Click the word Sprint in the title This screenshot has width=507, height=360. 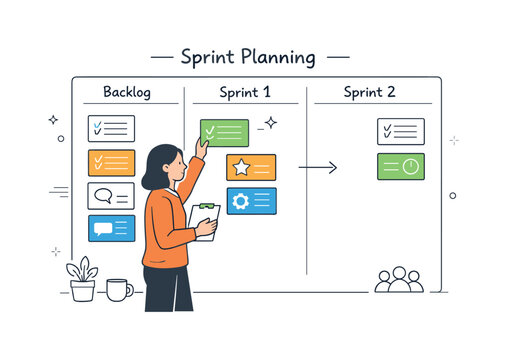point(206,57)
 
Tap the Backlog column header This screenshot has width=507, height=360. point(127,92)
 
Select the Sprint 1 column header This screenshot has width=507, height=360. point(245,92)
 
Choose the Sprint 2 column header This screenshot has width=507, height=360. point(369,92)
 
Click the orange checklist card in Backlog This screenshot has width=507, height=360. point(111,162)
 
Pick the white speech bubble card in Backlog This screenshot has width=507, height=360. point(111,195)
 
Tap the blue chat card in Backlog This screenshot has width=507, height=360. point(111,228)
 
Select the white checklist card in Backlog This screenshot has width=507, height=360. point(111,128)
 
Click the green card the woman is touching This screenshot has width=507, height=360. point(225,133)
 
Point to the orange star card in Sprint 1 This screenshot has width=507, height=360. point(251,167)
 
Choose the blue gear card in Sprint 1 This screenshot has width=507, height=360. point(251,201)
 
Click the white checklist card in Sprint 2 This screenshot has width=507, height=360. point(400,131)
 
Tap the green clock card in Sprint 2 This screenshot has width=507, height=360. point(400,167)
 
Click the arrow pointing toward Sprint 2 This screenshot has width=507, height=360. point(318,167)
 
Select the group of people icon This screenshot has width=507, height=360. point(399,279)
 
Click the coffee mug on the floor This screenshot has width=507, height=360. point(118,290)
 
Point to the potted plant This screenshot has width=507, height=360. point(82,279)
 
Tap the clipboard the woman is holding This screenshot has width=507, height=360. point(204,221)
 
